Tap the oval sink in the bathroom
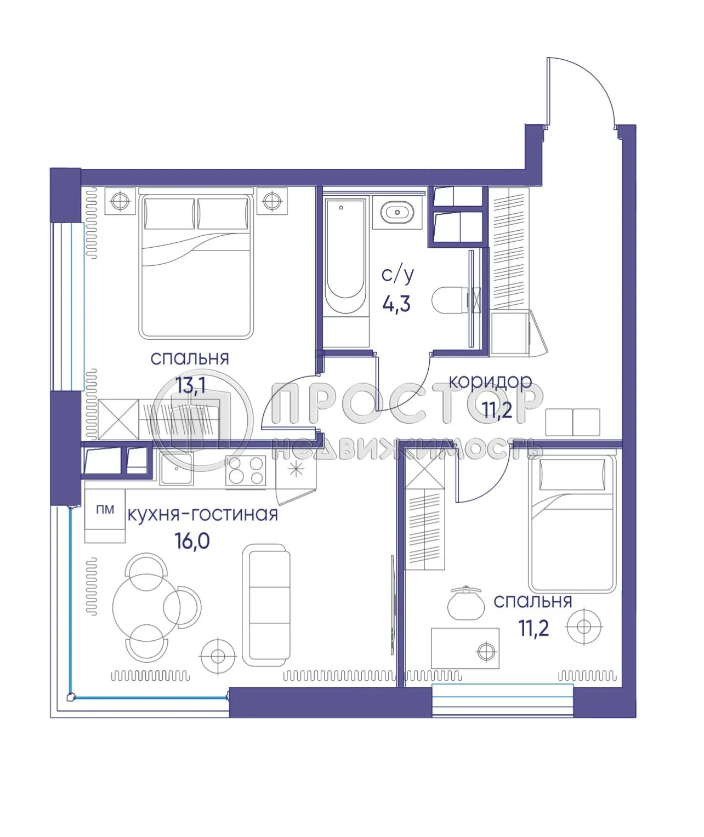coord(397,212)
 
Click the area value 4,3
coord(396,303)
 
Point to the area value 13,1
coord(190,385)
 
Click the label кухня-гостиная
coord(202,515)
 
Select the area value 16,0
coord(192,541)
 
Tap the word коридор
coord(490,381)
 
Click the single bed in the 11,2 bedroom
coord(571,523)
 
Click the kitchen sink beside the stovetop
coord(176,469)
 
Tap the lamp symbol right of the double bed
coord(271,201)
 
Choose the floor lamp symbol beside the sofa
coord(218,656)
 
